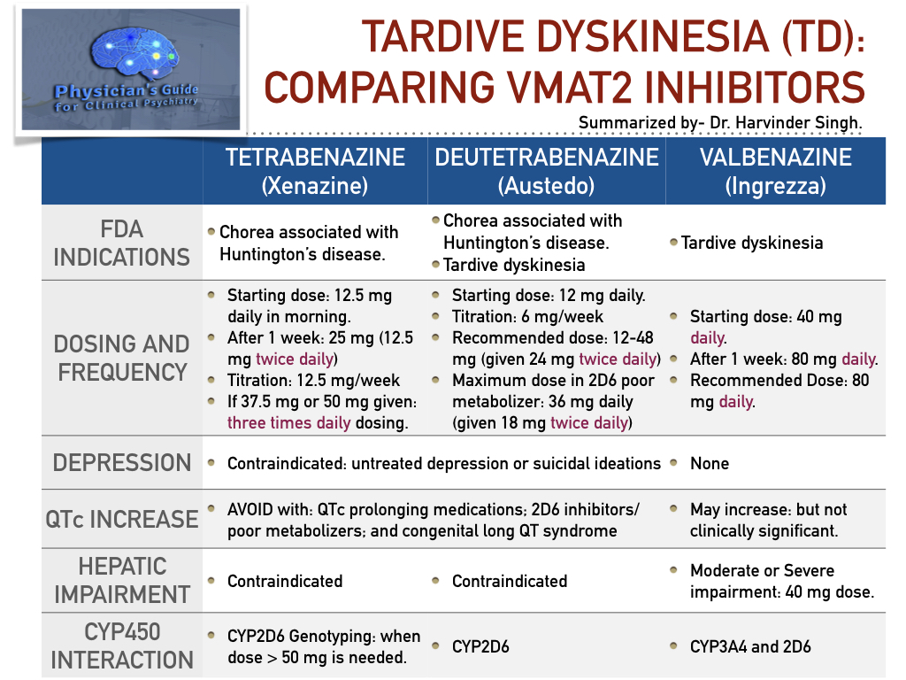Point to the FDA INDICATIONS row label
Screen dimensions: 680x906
(x=121, y=243)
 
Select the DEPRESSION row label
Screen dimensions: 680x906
(x=121, y=463)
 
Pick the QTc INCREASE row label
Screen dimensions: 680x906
(x=121, y=519)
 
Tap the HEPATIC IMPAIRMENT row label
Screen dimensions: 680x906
(x=121, y=580)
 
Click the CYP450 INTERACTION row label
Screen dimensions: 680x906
(x=121, y=645)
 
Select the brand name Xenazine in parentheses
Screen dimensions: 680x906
(x=315, y=187)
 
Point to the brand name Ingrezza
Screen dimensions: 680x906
(x=775, y=187)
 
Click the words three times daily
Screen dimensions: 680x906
(x=288, y=422)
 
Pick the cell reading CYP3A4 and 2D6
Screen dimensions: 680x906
(x=751, y=646)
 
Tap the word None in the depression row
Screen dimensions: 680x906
(x=710, y=463)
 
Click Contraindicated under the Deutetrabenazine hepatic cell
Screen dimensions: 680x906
(x=510, y=581)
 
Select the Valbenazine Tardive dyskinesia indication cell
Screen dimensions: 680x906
(x=751, y=243)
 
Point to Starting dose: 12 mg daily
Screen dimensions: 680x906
(x=548, y=296)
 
